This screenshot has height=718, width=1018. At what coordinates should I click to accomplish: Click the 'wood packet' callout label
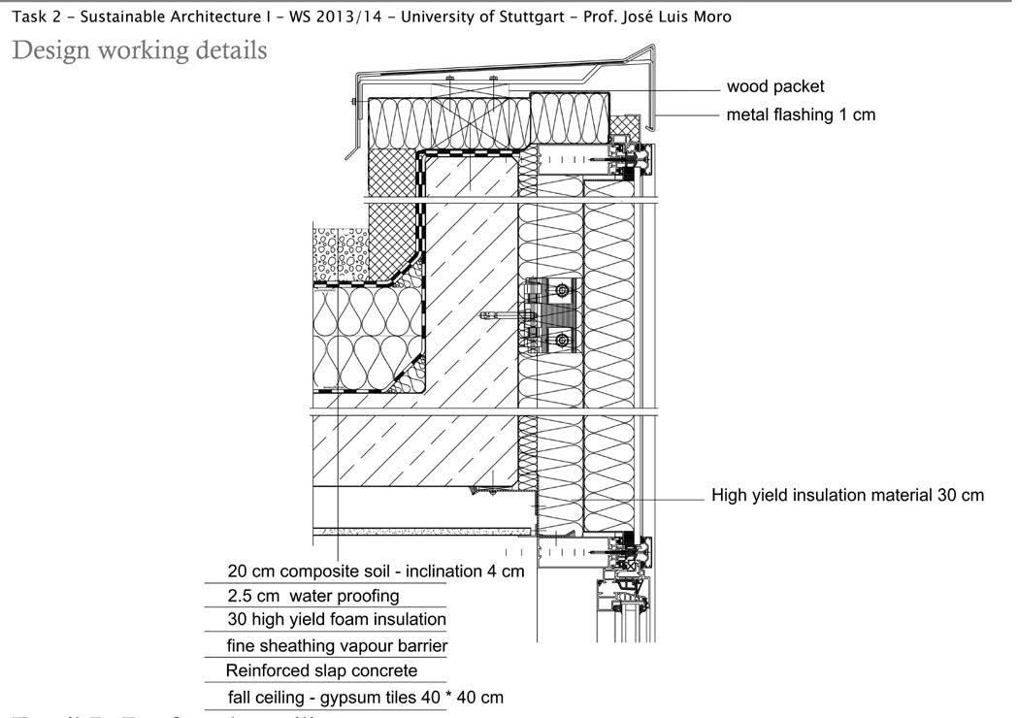click(x=774, y=86)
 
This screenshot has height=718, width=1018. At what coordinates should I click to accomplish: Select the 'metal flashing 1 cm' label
click(x=801, y=114)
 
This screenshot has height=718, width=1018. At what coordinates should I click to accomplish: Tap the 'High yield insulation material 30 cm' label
click(x=847, y=496)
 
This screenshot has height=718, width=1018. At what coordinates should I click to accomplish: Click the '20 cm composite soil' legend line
click(x=376, y=571)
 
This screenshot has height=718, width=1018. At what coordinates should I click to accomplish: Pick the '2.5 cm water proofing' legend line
click(x=312, y=596)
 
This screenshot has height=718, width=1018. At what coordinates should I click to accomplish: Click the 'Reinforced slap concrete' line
click(x=321, y=670)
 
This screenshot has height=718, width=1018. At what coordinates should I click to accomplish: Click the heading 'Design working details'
click(x=139, y=49)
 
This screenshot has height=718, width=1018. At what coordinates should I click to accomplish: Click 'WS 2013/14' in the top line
click(x=331, y=16)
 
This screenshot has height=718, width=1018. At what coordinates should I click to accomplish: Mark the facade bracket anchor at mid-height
click(x=551, y=315)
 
